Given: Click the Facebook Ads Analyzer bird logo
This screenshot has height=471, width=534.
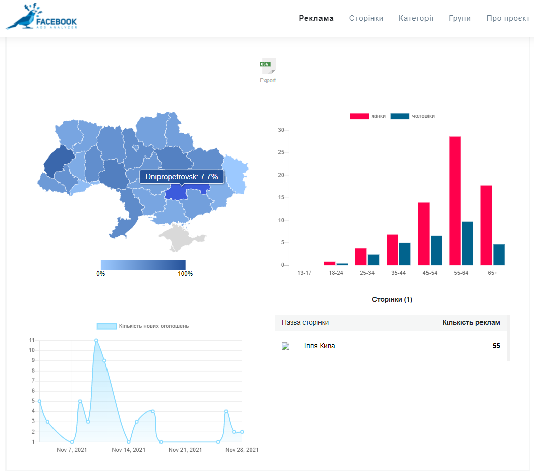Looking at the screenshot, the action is point(41,16).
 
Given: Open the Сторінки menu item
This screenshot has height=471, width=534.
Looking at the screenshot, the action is point(366,18).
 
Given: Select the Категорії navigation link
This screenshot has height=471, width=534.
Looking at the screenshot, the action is point(416,18).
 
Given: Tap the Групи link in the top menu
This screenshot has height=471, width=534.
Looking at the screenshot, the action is point(460,18).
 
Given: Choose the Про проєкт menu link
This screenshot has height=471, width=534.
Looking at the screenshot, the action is point(508,18).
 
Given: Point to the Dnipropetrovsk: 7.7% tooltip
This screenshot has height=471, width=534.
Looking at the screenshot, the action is point(182,177).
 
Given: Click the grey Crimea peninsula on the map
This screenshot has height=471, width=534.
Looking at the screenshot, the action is point(181,237).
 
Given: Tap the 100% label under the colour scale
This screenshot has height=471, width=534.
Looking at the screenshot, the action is point(185,274).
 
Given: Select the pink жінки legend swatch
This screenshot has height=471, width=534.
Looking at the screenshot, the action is point(359,116).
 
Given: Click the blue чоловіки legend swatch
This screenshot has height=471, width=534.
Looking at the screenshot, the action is point(400,116).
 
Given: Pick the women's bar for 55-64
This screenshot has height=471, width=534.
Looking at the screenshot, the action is point(455,200).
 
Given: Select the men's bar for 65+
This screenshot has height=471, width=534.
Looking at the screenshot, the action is point(499,254).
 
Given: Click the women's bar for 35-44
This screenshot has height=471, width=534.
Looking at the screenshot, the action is point(392,249).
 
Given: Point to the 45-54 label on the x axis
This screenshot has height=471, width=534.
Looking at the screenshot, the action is point(430,273).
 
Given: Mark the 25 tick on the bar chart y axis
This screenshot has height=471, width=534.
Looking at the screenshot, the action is point(281,152).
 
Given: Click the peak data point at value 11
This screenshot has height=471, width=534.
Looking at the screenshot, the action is point(96,340).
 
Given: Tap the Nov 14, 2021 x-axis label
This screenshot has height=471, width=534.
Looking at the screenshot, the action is point(129,450).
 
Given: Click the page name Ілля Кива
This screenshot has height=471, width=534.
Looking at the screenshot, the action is point(319,346).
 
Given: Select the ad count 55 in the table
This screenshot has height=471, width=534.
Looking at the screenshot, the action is point(496,346).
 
